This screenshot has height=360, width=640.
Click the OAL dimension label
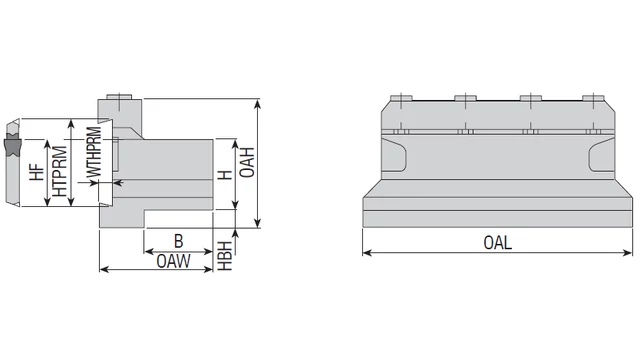coord(497,243)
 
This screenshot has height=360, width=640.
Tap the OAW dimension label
coord(173,261)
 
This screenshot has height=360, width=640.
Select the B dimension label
coord(178,241)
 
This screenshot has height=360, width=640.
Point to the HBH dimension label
coord(225,256)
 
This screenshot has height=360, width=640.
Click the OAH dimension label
coord(247,162)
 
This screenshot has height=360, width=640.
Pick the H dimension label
coord(225,175)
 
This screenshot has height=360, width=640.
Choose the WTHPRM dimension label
coord(94,152)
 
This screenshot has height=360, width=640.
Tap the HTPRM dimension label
coord(60,171)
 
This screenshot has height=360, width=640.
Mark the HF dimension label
coord(36,172)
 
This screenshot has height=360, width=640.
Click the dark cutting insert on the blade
coord(13,146)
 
